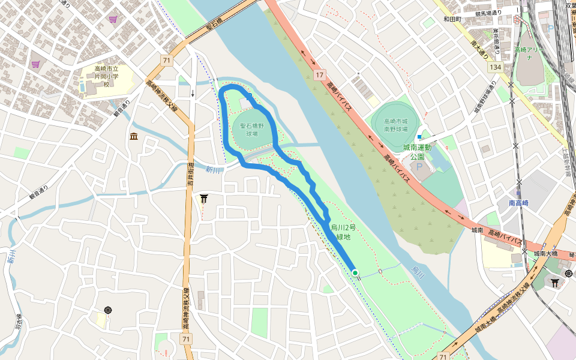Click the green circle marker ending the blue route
pyautogui.click(x=355, y=273)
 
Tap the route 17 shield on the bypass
pyautogui.click(x=319, y=75)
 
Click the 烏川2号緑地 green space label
pyautogui.click(x=343, y=232)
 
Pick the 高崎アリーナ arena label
pyautogui.click(x=529, y=53)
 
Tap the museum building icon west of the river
pyautogui.click(x=133, y=137)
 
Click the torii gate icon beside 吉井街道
pyautogui.click(x=204, y=199)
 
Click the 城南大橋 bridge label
pyautogui.click(x=547, y=254)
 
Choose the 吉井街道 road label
pyautogui.click(x=190, y=175)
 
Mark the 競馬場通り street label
pyautogui.click(x=487, y=13)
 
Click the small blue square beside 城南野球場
pyautogui.click(x=419, y=137)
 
